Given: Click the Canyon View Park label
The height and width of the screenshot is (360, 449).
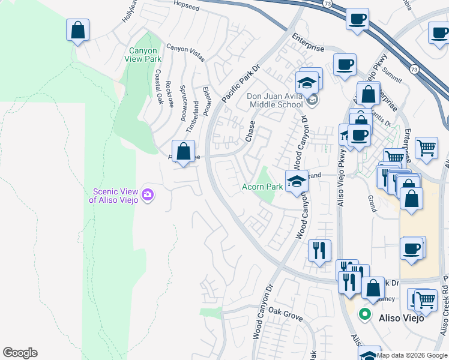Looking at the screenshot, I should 143,55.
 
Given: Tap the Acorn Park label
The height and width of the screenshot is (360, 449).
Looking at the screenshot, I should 262,187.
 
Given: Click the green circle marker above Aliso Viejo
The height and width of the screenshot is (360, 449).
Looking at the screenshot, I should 364,314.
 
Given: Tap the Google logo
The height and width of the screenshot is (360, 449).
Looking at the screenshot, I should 20,353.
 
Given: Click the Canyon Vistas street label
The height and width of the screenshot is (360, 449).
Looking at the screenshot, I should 185,53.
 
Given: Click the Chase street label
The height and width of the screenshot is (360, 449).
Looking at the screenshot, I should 250,131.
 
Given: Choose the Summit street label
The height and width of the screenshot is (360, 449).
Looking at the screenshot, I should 392,74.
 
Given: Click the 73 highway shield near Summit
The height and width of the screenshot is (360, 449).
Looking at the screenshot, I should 414,70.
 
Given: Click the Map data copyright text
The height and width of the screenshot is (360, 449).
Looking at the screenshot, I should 411,355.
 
